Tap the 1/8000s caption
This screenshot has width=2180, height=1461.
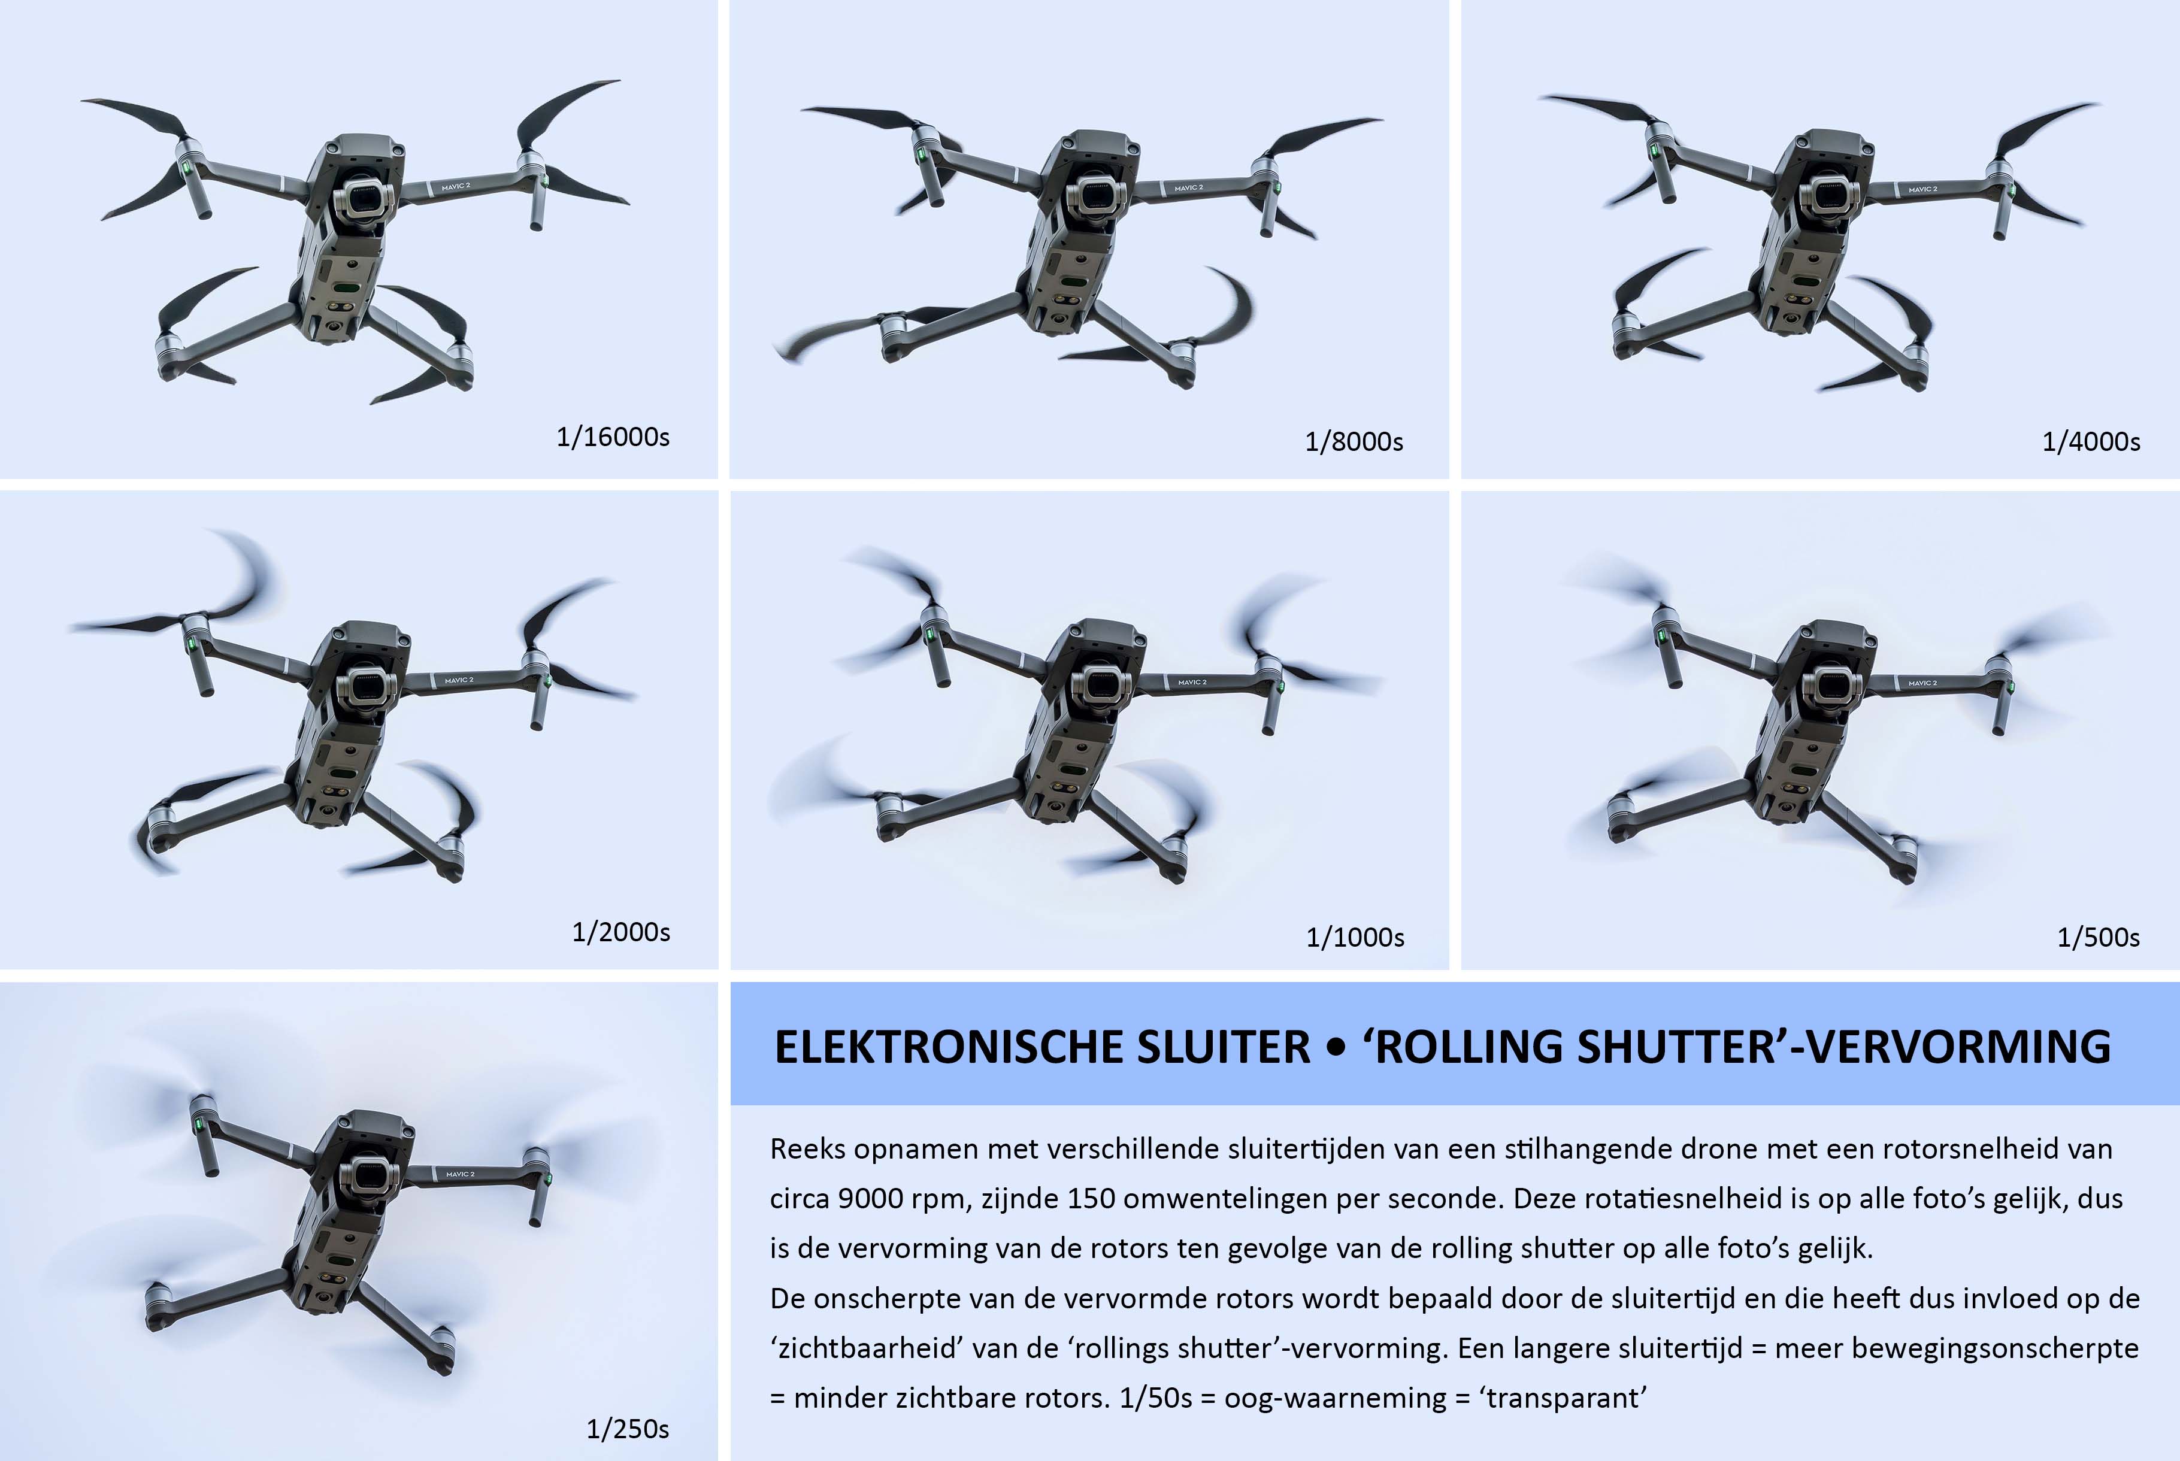[1354, 442]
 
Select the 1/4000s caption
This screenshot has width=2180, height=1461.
[2091, 442]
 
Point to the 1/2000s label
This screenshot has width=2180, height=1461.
[620, 932]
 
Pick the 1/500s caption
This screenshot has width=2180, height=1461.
[2098, 937]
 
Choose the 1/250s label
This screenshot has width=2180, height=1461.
[627, 1429]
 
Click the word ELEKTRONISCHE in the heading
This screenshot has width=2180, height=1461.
[949, 1047]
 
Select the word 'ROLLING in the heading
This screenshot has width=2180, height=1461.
[1463, 1047]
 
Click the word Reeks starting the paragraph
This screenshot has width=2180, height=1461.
[807, 1149]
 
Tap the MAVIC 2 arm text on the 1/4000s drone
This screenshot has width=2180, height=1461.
[1922, 189]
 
